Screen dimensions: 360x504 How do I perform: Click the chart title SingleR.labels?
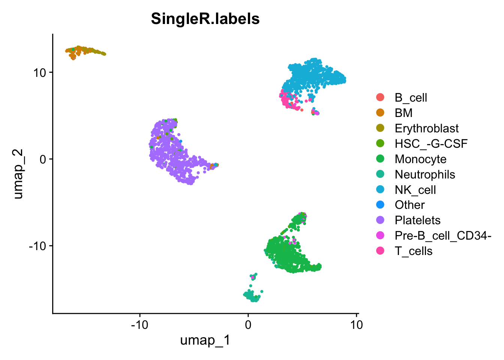tap(205, 19)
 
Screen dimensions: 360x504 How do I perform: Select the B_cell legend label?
tap(411, 98)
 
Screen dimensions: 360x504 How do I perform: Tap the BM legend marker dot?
tap(380, 112)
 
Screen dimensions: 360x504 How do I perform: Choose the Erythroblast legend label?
tap(426, 129)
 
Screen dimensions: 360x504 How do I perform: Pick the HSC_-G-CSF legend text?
tap(431, 144)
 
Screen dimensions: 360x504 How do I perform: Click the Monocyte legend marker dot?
tap(380, 159)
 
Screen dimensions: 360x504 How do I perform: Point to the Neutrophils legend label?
tap(425, 174)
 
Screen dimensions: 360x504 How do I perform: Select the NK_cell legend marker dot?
tap(380, 190)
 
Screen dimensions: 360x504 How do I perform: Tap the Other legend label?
tap(409, 205)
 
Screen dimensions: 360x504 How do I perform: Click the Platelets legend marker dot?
tap(380, 220)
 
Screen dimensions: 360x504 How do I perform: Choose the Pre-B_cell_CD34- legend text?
tap(443, 235)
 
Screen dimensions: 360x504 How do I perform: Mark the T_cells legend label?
tap(413, 251)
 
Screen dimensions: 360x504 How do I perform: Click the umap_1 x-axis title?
tap(205, 340)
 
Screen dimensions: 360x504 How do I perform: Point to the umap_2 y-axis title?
tap(18, 174)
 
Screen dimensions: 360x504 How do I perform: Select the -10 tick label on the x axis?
tap(139, 324)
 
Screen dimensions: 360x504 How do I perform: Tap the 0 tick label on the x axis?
tap(248, 324)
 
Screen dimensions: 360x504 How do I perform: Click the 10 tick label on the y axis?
tap(40, 72)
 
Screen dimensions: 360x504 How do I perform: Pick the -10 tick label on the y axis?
tap(37, 246)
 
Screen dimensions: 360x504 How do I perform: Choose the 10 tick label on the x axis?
tap(356, 324)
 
